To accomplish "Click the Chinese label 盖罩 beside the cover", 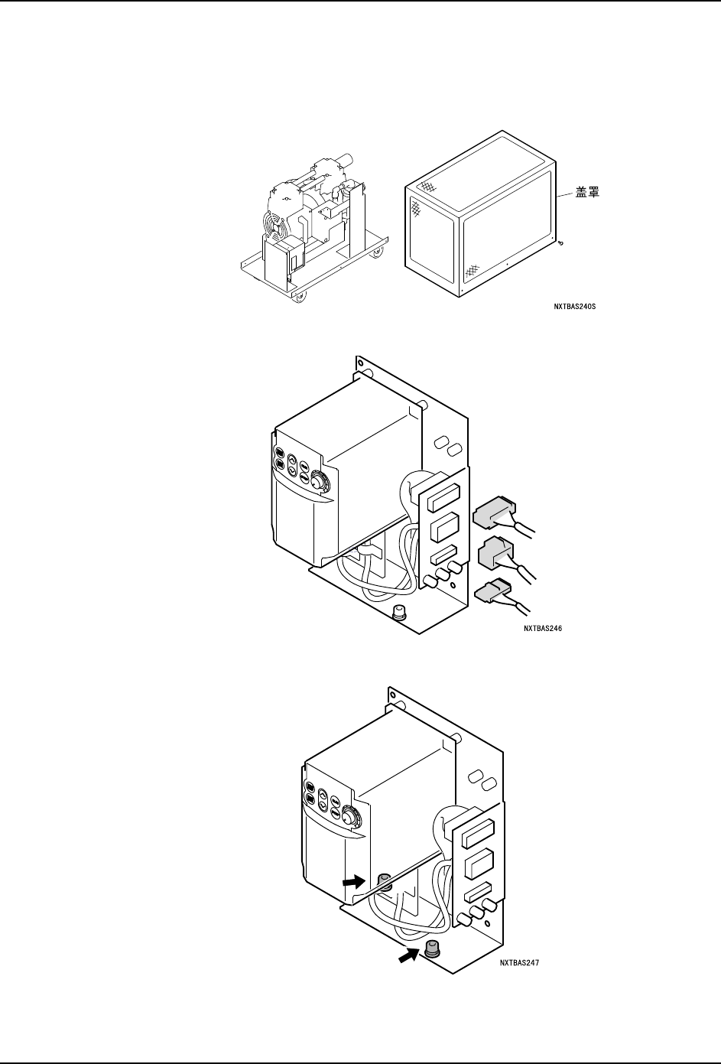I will (x=587, y=193).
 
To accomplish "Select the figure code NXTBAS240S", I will (x=574, y=307).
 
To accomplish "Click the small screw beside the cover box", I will (x=562, y=244).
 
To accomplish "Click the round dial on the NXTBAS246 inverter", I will (x=315, y=485).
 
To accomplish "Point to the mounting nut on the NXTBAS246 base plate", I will (x=398, y=611).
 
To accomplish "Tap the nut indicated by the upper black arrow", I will (x=385, y=882).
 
